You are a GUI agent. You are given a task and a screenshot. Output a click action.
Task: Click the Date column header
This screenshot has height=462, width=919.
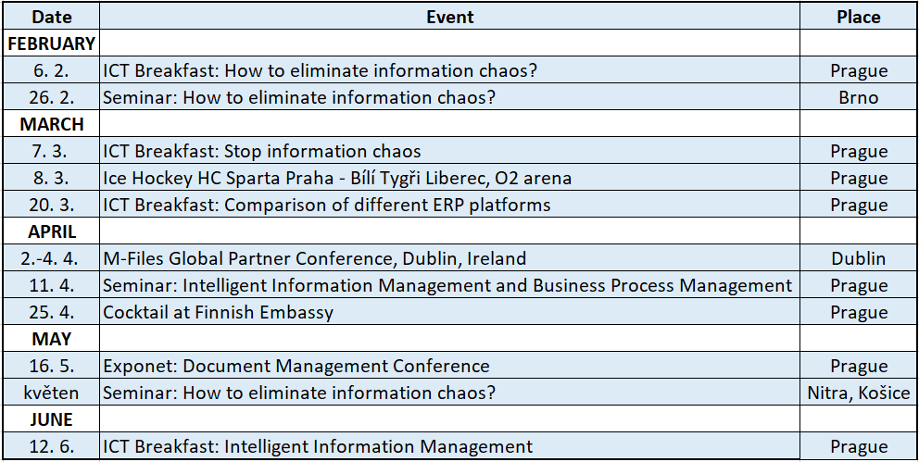coord(52,17)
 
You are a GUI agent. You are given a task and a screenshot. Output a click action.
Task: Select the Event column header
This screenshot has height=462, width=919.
coord(449,17)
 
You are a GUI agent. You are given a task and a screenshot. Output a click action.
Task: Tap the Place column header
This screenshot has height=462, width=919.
coord(858,17)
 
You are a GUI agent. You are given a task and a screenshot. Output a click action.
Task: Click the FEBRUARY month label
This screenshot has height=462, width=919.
coord(52,44)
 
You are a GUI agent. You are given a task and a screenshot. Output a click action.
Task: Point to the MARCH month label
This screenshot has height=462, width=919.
coord(52,124)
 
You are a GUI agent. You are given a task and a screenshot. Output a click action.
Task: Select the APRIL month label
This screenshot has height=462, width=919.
coord(52,231)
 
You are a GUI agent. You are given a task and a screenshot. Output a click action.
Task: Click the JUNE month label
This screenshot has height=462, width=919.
coord(52,419)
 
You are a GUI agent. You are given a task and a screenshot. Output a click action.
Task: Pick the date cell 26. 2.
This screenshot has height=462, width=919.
coord(52,97)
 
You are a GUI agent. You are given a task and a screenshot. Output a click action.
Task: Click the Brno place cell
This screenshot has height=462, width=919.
coord(858,97)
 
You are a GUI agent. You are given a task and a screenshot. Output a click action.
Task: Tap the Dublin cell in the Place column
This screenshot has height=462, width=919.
coord(858,258)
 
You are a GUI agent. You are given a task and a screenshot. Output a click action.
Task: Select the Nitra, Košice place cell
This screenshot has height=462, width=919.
coord(859,393)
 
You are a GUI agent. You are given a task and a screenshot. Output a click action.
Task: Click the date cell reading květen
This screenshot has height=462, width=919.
coord(52,393)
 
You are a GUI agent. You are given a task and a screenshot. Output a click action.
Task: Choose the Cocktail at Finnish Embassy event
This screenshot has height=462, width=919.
coord(218,312)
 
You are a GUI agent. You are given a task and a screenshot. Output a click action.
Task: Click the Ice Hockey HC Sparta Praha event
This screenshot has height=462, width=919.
coord(337,178)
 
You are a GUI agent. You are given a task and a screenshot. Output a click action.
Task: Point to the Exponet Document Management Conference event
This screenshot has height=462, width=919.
coord(296,366)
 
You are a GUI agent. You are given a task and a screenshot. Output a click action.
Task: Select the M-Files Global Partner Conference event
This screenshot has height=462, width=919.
coord(315,258)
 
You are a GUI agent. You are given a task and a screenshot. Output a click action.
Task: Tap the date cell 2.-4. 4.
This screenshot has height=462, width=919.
coord(52,258)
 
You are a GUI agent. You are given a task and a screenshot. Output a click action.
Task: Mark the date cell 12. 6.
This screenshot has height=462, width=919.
coord(52,447)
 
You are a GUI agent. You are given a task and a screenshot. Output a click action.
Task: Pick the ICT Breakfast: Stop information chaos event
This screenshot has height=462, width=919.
coord(262,151)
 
